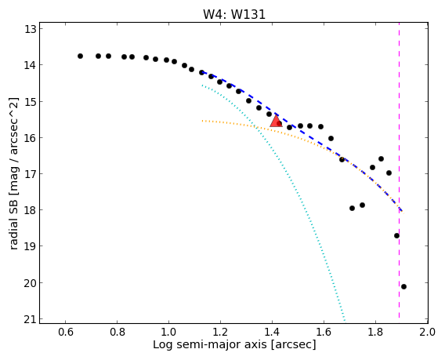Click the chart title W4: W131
click(234, 14)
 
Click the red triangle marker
click(276, 122)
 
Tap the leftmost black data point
click(81, 56)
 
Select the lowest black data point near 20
click(403, 287)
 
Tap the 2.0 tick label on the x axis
click(428, 332)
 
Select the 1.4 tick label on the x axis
click(272, 332)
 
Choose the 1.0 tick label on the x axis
click(169, 332)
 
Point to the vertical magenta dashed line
click(399, 170)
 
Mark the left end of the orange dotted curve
click(202, 121)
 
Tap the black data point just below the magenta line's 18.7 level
click(396, 235)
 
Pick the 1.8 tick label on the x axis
click(375, 332)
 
